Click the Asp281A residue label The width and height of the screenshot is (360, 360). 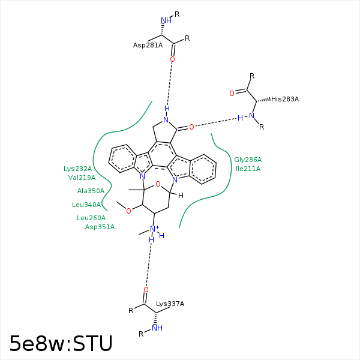click(148, 44)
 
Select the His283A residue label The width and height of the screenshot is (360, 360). click(284, 99)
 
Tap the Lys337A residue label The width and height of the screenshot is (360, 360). click(170, 304)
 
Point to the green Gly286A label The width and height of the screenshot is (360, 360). click(248, 160)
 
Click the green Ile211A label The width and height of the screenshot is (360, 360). click(248, 169)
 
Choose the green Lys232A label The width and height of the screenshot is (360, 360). click(78, 169)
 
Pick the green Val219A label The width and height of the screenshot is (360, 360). click(82, 178)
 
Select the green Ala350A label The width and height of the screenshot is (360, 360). click(91, 191)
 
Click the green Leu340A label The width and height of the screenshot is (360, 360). click(86, 205)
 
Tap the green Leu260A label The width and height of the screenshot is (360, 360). click(91, 218)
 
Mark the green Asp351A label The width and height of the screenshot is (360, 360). click(100, 227)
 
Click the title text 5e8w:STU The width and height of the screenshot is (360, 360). click(61, 343)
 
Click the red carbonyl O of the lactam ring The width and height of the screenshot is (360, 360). click(191, 127)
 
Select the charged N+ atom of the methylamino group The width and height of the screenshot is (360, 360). click(154, 229)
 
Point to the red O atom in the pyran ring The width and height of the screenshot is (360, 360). click(158, 184)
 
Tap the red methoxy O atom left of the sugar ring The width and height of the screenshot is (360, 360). click(128, 211)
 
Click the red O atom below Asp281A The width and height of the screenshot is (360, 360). click(172, 59)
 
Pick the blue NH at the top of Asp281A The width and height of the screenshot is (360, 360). click(166, 20)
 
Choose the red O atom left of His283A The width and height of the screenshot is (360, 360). click(232, 94)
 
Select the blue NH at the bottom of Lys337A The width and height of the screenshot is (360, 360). click(157, 328)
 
